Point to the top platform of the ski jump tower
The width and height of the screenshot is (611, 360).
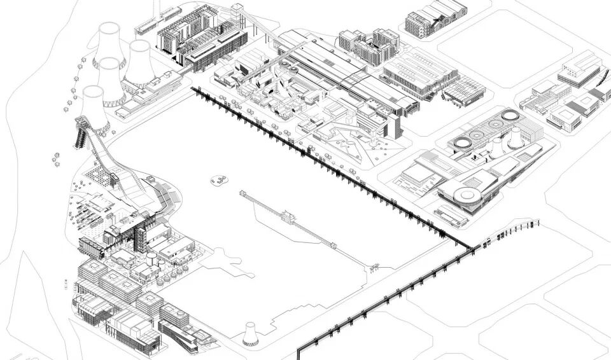(x=83, y=122)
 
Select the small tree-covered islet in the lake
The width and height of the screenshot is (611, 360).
(x=220, y=180)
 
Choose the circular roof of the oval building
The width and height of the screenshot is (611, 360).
(x=468, y=194)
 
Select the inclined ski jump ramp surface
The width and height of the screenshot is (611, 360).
(x=121, y=169)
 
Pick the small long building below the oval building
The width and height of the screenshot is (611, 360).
(x=451, y=218)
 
